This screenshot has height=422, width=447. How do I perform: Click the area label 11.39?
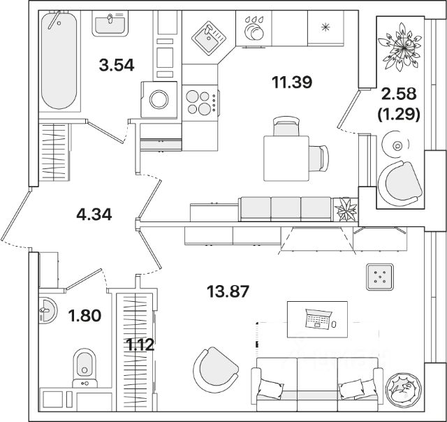pos(292,82)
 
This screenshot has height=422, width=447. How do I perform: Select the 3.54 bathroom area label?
pos(116,66)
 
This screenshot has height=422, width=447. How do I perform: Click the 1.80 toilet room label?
pos(84,316)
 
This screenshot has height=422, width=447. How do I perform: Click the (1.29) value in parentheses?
pos(397,114)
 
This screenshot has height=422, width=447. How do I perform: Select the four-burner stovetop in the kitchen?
pos(200,103)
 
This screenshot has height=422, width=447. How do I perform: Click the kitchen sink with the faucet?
pos(207,35)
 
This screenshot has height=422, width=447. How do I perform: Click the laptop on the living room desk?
pos(318,319)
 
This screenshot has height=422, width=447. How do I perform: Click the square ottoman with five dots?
pos(379,277)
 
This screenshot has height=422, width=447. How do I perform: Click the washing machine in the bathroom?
pos(159,99)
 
